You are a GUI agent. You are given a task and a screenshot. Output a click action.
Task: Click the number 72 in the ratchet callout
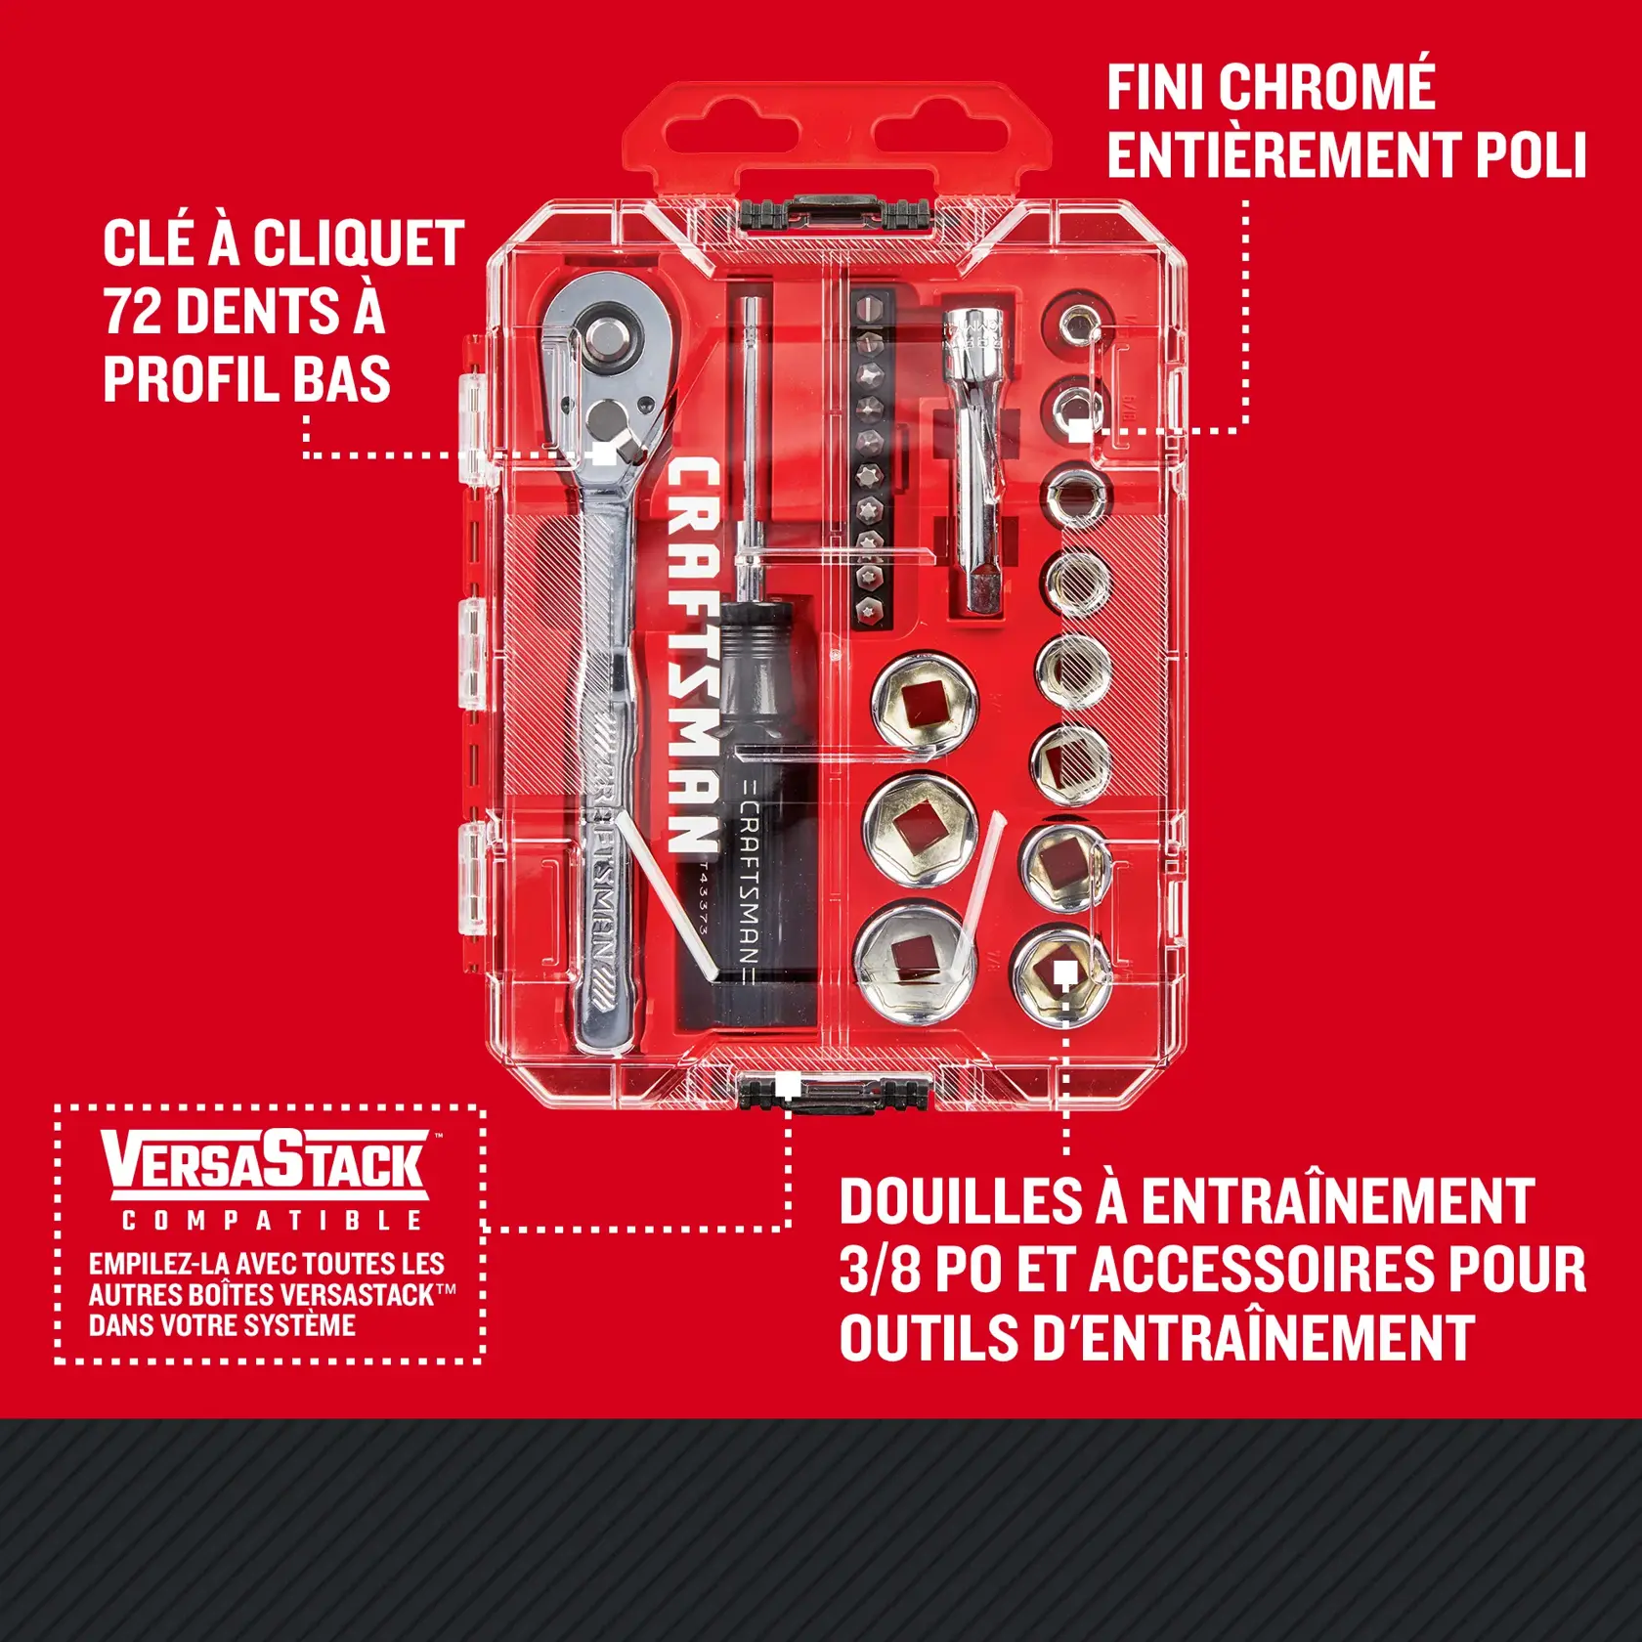tap(133, 311)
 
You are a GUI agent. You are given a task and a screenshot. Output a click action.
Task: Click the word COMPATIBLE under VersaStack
tap(272, 1221)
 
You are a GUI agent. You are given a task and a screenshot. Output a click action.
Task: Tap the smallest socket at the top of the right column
tap(1076, 322)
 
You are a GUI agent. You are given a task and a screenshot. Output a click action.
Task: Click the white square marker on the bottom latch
tap(789, 1085)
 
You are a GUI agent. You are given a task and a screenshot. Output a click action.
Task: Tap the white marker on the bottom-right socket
tap(1065, 972)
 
